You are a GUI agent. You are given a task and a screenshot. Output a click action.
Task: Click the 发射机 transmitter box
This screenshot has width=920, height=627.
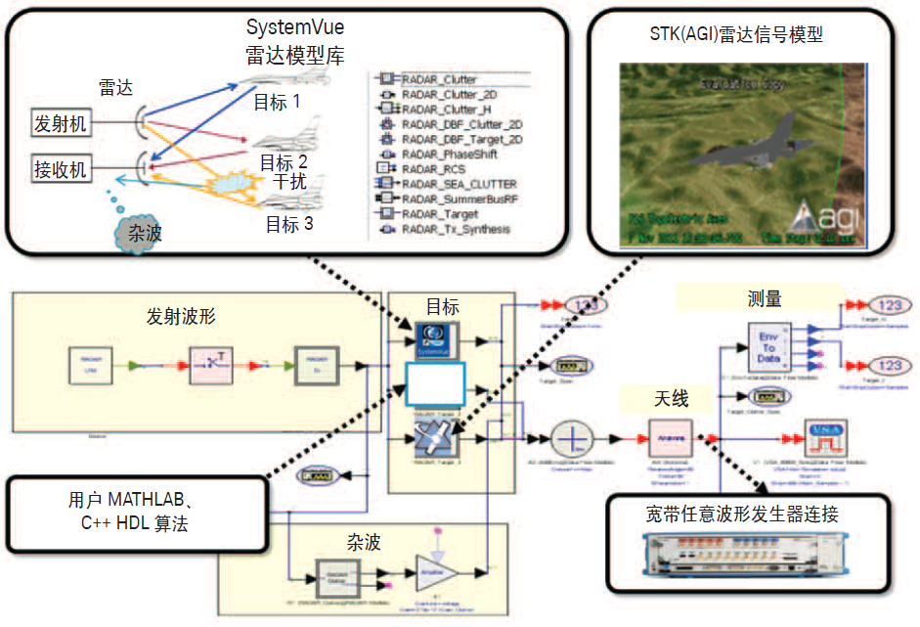(61, 123)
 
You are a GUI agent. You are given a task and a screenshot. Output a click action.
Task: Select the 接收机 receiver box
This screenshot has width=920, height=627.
(61, 170)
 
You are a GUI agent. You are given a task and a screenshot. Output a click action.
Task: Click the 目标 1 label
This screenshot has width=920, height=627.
(278, 101)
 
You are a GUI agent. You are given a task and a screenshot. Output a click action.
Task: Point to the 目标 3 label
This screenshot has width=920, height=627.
(289, 224)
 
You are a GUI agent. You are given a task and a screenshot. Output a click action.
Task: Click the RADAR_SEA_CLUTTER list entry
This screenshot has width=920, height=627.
(452, 184)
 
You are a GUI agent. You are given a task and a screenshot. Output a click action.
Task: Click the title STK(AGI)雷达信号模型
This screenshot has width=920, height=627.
(741, 35)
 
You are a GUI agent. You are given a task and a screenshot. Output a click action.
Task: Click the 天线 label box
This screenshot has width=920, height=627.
(671, 398)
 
